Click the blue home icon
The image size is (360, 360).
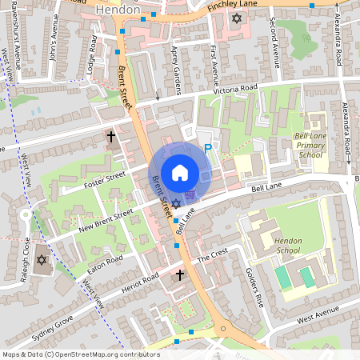pyautogui.click(x=180, y=172)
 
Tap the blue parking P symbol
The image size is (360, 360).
pyautogui.click(x=208, y=148)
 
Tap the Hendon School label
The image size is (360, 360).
pyautogui.click(x=286, y=245)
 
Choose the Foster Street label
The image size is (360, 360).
pyautogui.click(x=105, y=180)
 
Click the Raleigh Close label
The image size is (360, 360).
pyautogui.click(x=26, y=260)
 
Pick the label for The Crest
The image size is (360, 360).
pyautogui.click(x=213, y=254)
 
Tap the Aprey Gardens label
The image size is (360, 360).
pyautogui.click(x=177, y=80)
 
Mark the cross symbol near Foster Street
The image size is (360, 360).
pyautogui.click(x=111, y=137)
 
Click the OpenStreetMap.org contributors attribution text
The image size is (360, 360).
pyautogui.click(x=104, y=354)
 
